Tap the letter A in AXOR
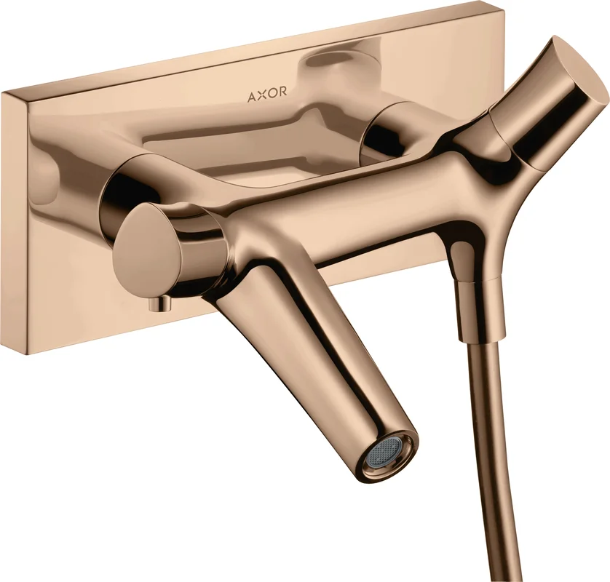(252, 97)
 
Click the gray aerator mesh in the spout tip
(382, 453)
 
